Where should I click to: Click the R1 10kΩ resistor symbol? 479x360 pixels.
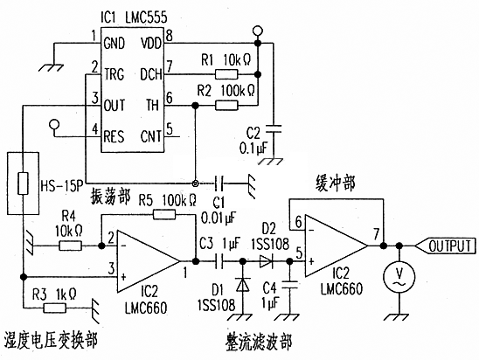226,74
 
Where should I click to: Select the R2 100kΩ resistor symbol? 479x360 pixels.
226,106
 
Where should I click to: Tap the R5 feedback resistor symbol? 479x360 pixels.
164,215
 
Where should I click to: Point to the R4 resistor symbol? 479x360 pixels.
70,246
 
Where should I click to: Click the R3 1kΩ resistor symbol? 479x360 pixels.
55,308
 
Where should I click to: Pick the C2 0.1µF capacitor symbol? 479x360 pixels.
274,128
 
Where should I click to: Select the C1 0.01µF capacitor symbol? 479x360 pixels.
219,183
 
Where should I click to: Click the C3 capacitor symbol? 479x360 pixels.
219,261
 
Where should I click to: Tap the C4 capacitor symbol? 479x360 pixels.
289,285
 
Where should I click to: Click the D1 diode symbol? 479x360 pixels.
243,285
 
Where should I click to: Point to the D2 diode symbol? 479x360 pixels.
266,261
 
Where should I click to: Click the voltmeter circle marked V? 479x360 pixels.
399,277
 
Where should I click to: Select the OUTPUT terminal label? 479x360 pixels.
449,246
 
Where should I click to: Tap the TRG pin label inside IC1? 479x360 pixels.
114,74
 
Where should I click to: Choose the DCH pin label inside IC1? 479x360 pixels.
151,74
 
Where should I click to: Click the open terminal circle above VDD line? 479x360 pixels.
258,31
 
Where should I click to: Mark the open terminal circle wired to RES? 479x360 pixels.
54,124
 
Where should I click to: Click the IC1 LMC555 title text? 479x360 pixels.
134,17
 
